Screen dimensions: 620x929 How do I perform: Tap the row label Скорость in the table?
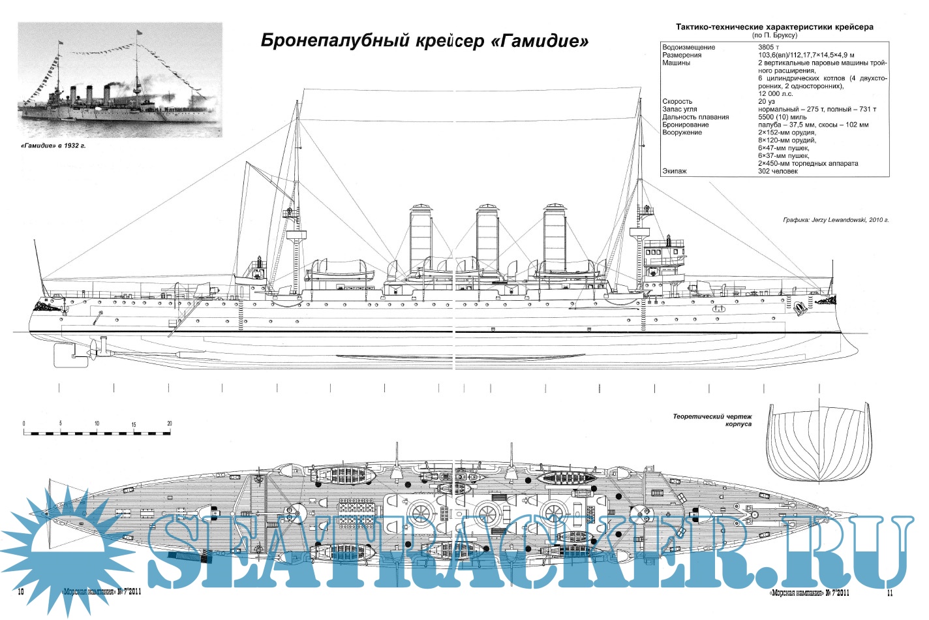click(677, 102)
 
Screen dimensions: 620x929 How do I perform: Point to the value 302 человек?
click(778, 172)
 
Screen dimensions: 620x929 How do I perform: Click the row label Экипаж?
click(675, 172)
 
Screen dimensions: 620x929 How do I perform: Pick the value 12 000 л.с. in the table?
click(776, 94)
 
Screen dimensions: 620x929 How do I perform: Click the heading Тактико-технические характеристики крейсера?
click(774, 27)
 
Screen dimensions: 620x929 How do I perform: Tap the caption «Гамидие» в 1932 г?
click(53, 146)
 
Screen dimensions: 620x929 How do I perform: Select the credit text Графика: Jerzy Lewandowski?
click(836, 220)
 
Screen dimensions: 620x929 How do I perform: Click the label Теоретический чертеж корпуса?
click(713, 420)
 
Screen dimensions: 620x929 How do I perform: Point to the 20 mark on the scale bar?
click(170, 424)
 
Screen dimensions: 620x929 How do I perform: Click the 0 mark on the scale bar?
click(23, 424)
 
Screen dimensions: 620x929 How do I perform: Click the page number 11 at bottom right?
click(890, 593)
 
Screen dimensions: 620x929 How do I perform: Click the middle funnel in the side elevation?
click(488, 238)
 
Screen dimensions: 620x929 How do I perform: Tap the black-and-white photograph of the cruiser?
click(119, 80)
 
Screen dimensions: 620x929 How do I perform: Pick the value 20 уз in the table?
click(767, 102)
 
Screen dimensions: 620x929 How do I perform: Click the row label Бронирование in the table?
click(686, 125)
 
